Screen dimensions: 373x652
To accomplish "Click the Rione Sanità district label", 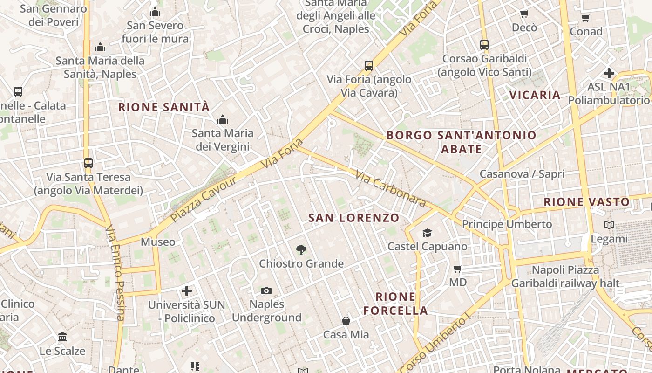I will (x=164, y=107).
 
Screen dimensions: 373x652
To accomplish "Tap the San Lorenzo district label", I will (x=354, y=218).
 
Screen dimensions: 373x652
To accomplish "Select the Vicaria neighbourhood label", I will (x=535, y=95).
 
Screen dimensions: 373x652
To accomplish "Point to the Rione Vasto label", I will (x=586, y=202).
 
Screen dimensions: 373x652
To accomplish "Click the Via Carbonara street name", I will (x=390, y=188).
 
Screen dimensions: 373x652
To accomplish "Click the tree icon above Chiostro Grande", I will (x=301, y=250).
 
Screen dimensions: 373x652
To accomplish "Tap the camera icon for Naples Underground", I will (x=266, y=291).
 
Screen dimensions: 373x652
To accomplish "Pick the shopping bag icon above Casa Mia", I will (x=346, y=321).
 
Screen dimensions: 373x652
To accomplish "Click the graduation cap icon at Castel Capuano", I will (x=427, y=233).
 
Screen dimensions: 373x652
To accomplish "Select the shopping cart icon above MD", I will (x=458, y=269).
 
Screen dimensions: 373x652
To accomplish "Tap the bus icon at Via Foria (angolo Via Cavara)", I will (x=369, y=66).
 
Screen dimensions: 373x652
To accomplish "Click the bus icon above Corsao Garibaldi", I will (x=484, y=45).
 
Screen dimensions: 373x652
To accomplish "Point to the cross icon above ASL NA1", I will (x=609, y=73).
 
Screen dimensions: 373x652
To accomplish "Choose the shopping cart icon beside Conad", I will (x=586, y=18).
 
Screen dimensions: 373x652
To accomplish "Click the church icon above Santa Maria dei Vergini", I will (x=223, y=119).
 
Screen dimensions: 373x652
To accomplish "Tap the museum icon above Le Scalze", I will (x=62, y=337).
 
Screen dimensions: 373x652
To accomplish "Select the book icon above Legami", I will (x=609, y=225).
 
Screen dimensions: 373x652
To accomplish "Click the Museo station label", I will (x=158, y=242).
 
